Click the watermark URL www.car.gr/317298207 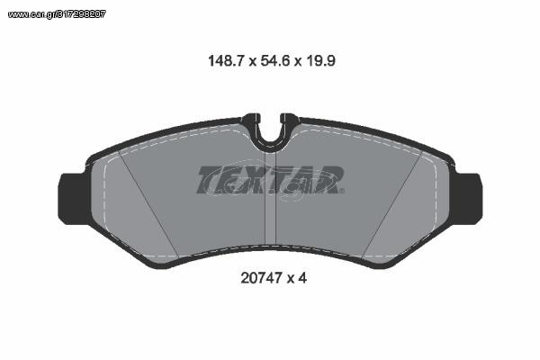click(x=57, y=14)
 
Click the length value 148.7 click(x=226, y=61)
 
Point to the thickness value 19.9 click(x=319, y=61)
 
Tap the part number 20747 click(x=261, y=278)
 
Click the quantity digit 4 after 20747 click(x=302, y=278)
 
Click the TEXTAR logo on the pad click(x=270, y=180)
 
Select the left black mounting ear click(x=72, y=199)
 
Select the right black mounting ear click(x=468, y=199)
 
